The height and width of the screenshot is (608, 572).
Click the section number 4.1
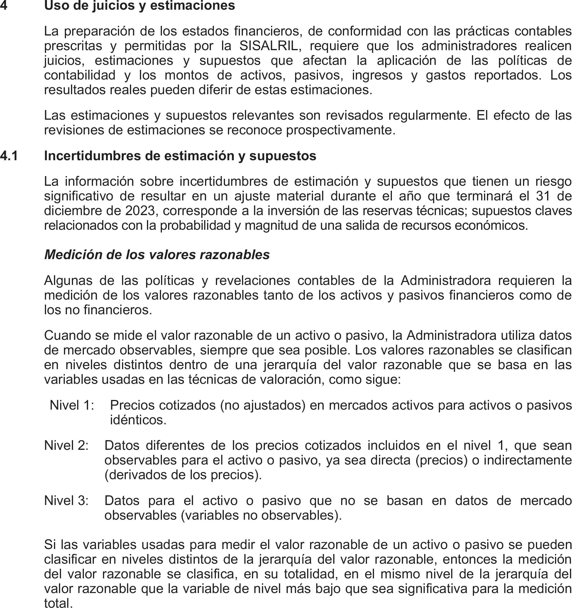coord(9,156)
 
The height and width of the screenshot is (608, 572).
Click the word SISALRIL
coord(269,46)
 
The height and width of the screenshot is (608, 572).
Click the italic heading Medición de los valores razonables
coord(157,255)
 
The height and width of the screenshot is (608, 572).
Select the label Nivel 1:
coord(72,405)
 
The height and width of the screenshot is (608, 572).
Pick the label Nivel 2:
coord(66,446)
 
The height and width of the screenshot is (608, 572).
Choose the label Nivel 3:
coord(66,501)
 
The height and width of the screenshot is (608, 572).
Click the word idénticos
coord(138,420)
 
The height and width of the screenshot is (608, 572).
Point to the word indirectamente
coord(527,460)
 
